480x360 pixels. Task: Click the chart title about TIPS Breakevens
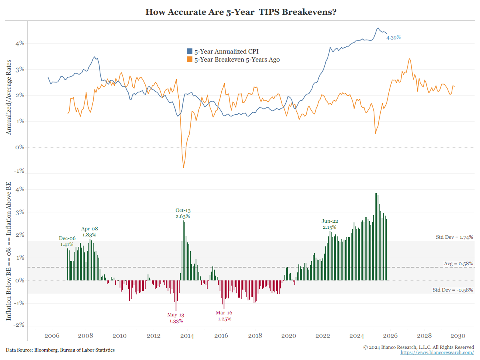coord(240,12)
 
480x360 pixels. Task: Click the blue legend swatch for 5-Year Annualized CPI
coord(190,52)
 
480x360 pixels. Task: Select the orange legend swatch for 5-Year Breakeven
coord(190,60)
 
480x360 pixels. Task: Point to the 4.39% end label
coord(393,37)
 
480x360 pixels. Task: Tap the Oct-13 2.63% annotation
coord(182,213)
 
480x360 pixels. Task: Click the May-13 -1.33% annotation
coord(176,318)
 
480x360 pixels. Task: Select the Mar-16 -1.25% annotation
coord(224,316)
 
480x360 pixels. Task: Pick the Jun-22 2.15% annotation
coord(330,224)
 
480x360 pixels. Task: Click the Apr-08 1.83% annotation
coord(90,232)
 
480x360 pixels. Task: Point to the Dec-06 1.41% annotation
coord(67,241)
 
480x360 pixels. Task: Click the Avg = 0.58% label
coord(458,264)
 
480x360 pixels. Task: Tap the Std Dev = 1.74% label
coord(454,237)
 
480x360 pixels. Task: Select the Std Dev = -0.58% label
coord(453,290)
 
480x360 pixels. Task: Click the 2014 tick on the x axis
coord(187,336)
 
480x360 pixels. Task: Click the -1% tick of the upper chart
coord(19,171)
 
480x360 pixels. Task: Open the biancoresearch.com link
coord(437,352)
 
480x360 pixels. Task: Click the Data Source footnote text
coord(60,350)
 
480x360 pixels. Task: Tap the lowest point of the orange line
coord(184,168)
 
